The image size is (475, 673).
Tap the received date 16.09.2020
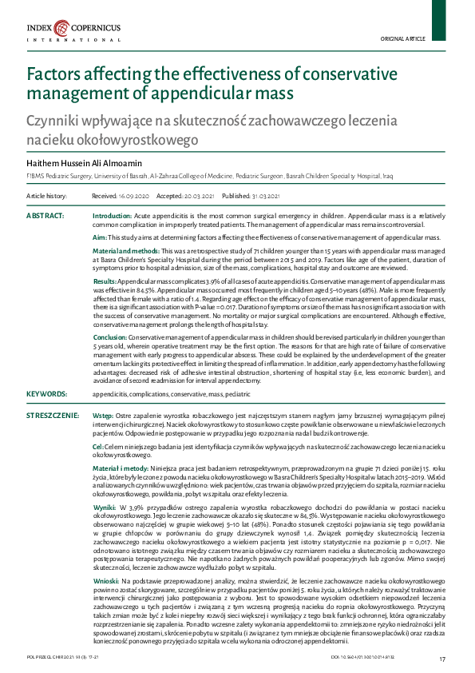[117, 195]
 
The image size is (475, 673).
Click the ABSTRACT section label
[46, 217]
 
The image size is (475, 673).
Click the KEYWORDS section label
[47, 393]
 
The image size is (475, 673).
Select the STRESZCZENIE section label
[53, 415]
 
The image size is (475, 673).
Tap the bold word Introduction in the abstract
[112, 217]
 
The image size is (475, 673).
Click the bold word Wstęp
[103, 416]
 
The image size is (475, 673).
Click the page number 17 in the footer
[443, 658]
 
